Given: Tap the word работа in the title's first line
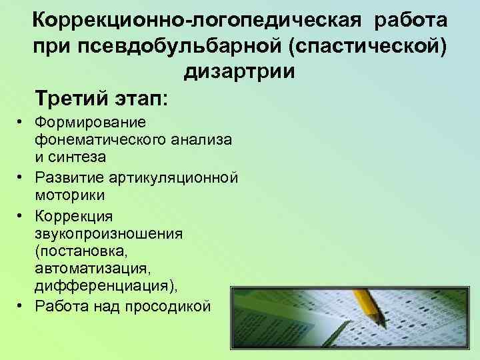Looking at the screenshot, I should tap(411, 19).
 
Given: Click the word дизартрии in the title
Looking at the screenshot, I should tap(237, 72).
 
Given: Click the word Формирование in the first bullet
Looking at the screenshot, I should tap(83, 123).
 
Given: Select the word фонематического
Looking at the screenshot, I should tap(94, 140).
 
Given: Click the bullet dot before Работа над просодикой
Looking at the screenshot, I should tap(21, 305).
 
